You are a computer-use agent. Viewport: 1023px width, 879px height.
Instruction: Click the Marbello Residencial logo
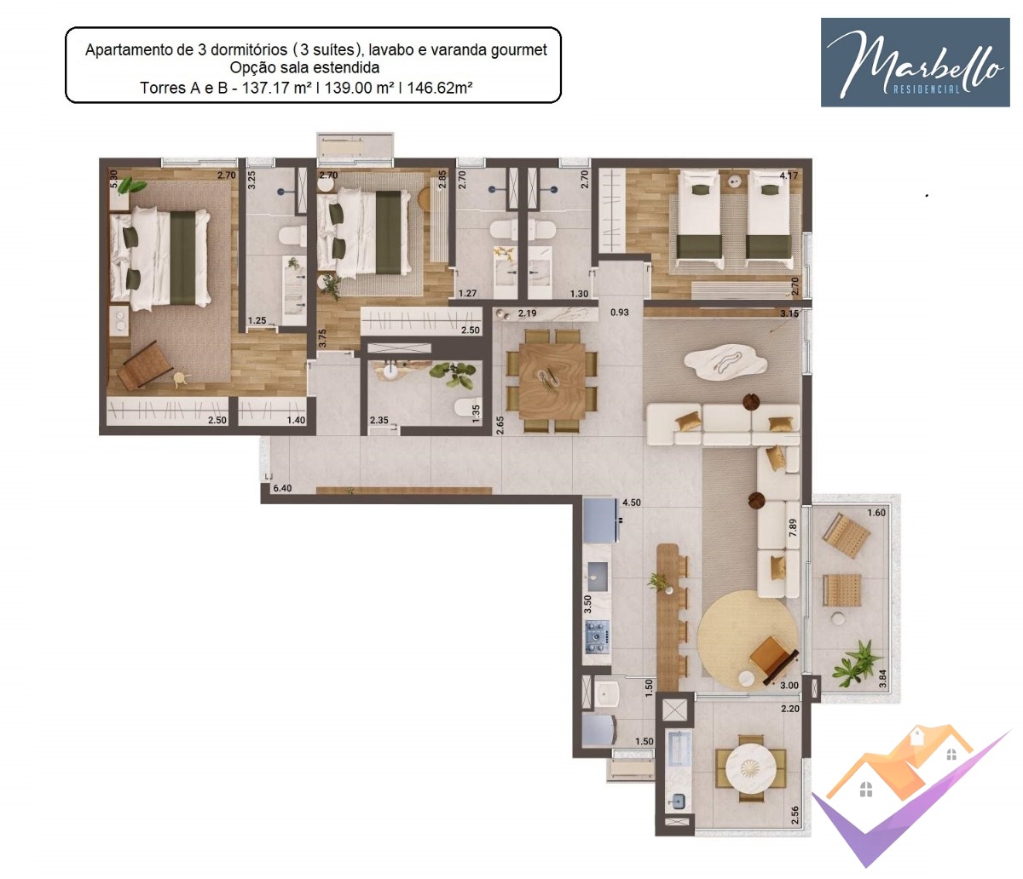coord(915,62)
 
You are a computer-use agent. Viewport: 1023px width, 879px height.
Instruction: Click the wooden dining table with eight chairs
coord(552,382)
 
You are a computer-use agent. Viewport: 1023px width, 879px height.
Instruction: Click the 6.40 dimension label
coord(282,488)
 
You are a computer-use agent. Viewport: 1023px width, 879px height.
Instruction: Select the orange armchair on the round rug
coord(772,658)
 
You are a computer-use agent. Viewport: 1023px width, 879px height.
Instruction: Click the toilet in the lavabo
coord(467,407)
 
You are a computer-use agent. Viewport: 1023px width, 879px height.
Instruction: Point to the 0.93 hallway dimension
coord(620,313)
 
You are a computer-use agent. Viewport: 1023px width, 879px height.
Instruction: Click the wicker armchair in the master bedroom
coord(140,366)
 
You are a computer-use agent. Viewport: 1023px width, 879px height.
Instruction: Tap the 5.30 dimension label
coord(113,179)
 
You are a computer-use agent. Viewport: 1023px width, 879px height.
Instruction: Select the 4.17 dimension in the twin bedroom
coord(789,175)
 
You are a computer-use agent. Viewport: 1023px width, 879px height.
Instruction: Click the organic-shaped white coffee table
coord(725,364)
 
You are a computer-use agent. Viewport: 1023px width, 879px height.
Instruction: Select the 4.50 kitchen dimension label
coord(632,503)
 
